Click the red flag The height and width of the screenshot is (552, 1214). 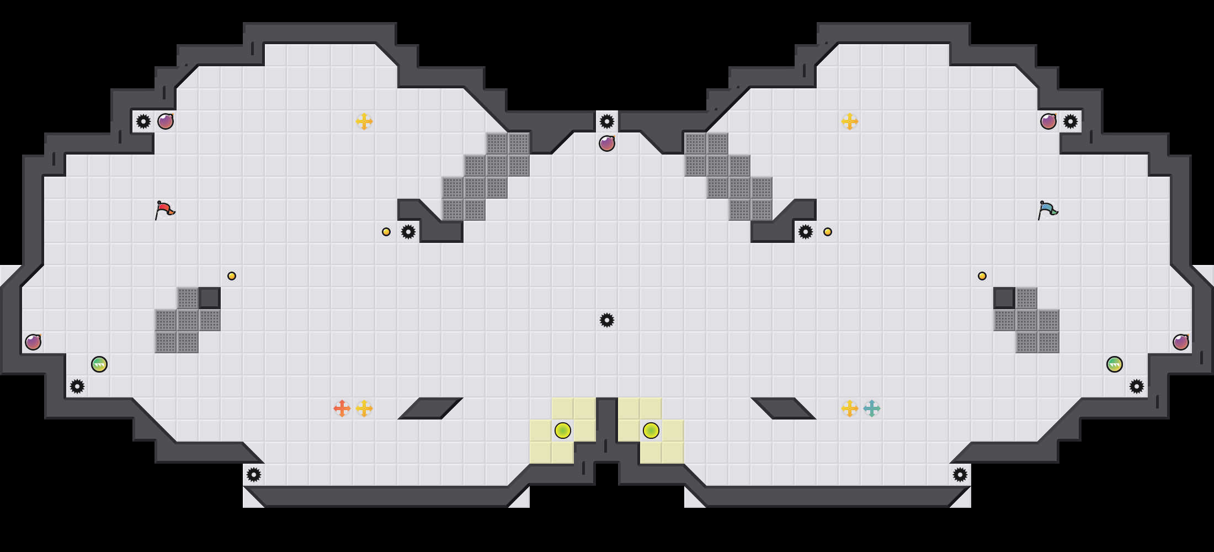[164, 210]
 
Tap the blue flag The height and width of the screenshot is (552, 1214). [1047, 210]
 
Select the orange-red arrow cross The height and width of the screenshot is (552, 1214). [342, 408]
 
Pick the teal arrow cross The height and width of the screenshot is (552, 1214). [872, 408]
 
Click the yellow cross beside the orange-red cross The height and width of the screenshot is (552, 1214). [364, 408]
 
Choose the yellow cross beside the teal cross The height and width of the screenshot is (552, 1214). [850, 408]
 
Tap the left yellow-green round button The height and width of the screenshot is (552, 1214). [563, 431]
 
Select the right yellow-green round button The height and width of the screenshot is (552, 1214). [651, 431]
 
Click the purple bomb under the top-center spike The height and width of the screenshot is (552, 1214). [607, 144]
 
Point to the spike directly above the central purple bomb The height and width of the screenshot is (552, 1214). [607, 121]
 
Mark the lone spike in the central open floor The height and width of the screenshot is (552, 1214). [607, 320]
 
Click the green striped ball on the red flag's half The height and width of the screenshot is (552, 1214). [99, 364]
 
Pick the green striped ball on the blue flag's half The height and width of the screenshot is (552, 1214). [1115, 364]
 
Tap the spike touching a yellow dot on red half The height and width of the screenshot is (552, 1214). [408, 232]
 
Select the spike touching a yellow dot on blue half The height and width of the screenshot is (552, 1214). [806, 232]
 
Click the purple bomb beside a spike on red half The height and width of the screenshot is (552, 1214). [166, 121]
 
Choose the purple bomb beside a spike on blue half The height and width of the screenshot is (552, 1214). [1048, 121]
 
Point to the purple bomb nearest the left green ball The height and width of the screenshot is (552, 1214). [33, 342]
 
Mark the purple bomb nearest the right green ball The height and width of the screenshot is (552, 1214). [1181, 342]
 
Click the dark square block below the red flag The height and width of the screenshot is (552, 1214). [210, 298]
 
